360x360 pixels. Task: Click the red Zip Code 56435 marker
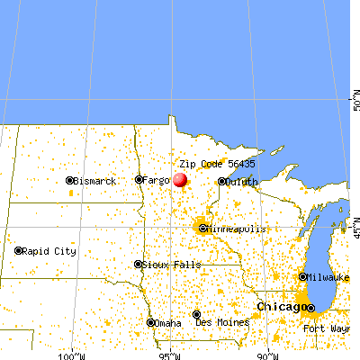pyautogui.click(x=180, y=179)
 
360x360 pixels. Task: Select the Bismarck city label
pyautogui.click(x=95, y=181)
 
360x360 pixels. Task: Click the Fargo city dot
pyautogui.click(x=139, y=179)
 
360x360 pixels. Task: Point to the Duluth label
pyautogui.click(x=242, y=181)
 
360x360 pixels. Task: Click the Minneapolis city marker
pyautogui.click(x=202, y=229)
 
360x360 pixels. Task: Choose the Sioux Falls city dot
pyautogui.click(x=138, y=265)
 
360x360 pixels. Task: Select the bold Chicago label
pyautogui.click(x=279, y=307)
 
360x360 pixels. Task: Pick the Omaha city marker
pyautogui.click(x=149, y=322)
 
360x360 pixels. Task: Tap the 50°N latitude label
pyautogui.click(x=355, y=93)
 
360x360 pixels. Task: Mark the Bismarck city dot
pyautogui.click(x=69, y=181)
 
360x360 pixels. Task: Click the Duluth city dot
pyautogui.click(x=221, y=181)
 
